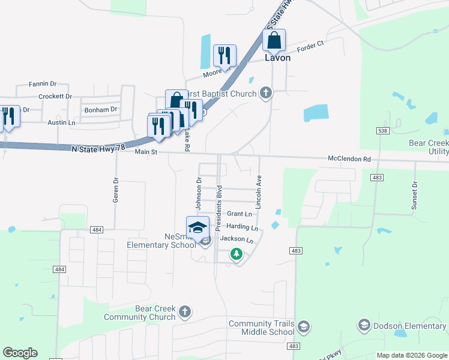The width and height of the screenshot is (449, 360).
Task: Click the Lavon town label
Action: (x=278, y=58)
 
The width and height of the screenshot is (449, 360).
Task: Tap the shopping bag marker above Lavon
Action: (x=274, y=41)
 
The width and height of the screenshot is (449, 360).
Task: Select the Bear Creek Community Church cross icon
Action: (x=185, y=311)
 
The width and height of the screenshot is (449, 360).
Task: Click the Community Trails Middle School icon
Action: (x=303, y=326)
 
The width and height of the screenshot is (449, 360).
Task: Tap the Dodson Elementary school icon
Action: (x=363, y=325)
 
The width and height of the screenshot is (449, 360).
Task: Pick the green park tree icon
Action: (x=237, y=254)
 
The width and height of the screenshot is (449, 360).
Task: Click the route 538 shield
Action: (x=381, y=130)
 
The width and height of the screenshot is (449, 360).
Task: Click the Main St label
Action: (x=145, y=152)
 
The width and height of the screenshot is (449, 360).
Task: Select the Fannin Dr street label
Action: (x=42, y=84)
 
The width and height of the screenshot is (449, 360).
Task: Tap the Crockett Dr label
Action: (x=55, y=96)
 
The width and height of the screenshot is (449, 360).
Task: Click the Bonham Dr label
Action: (x=100, y=110)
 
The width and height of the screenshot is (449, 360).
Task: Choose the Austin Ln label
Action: (x=62, y=122)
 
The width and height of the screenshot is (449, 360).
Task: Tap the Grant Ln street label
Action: (x=239, y=214)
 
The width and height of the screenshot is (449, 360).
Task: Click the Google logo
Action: (x=20, y=353)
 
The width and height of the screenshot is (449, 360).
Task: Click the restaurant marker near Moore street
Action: (x=224, y=56)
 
